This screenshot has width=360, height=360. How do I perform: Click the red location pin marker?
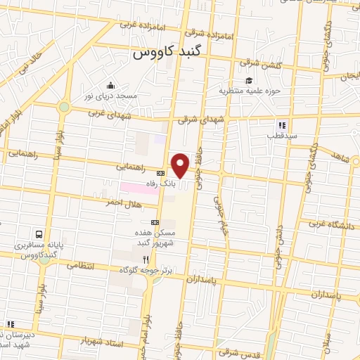coord(181,165)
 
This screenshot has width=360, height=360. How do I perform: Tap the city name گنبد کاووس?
coord(168,53)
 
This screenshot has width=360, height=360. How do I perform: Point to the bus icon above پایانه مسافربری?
coord(39,233)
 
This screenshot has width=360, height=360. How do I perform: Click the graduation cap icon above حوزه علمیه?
coord(249,79)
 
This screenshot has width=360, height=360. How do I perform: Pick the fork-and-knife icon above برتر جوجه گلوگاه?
coord(146,259)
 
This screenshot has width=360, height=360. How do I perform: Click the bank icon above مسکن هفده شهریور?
coord(155,221)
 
